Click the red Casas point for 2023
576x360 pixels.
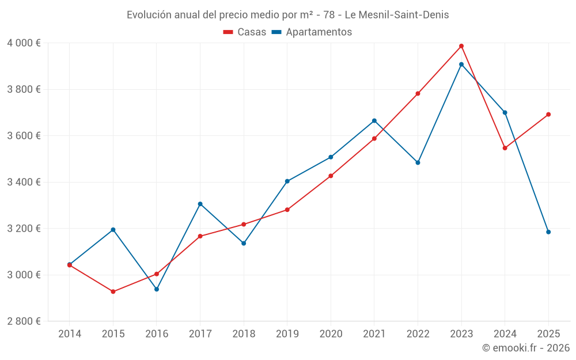(x=461, y=46)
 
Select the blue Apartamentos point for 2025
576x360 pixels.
(x=548, y=232)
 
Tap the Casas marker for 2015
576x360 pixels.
(x=113, y=291)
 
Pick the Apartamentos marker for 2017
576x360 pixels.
(x=200, y=204)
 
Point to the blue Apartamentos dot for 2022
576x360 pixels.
(x=418, y=162)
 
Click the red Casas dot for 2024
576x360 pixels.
(x=505, y=148)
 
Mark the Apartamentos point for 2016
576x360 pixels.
(x=157, y=289)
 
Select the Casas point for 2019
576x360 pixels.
(x=287, y=210)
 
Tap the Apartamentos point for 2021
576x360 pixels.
(x=374, y=121)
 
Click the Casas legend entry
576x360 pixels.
(x=245, y=32)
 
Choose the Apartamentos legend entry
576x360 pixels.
(x=311, y=32)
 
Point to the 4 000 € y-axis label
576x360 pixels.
(x=24, y=43)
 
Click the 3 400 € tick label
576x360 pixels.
(x=24, y=182)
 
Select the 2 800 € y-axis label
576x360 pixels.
(x=24, y=321)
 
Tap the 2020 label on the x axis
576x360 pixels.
(x=331, y=334)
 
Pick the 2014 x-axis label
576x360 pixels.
(x=70, y=334)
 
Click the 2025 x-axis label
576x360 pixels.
(x=548, y=334)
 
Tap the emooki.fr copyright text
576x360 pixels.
(x=526, y=348)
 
